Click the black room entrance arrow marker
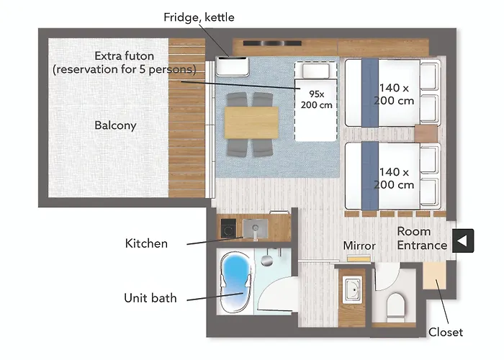[x=463, y=240]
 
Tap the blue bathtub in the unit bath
[x=235, y=282]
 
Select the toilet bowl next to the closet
[x=395, y=307]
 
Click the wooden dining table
[x=251, y=122]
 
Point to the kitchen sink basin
[x=255, y=228]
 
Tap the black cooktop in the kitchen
[x=228, y=228]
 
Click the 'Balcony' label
[x=115, y=125]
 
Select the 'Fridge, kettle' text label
[x=199, y=17]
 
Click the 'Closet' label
[x=446, y=332]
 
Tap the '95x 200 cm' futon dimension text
[x=316, y=99]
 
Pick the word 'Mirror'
[x=359, y=246]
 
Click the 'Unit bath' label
[x=150, y=298]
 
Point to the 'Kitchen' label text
[x=146, y=243]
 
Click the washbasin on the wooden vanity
[x=353, y=289]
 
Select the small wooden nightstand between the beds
[x=426, y=133]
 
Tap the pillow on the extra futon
[x=315, y=71]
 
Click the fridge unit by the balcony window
[x=232, y=66]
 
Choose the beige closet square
[x=434, y=276]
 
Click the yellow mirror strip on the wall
[x=359, y=258]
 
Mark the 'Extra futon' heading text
[x=124, y=56]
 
